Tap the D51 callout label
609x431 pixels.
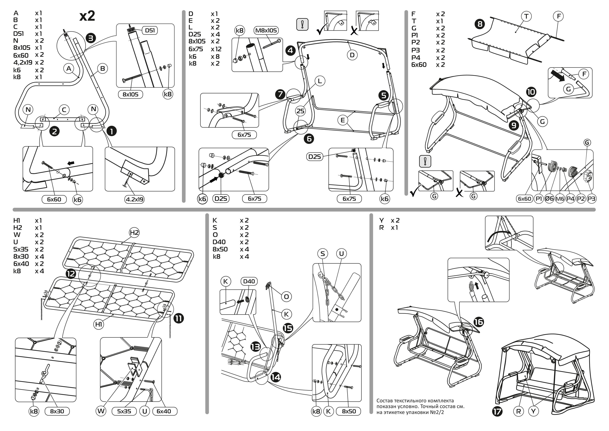tap(150, 31)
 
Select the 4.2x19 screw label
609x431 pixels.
tap(135, 199)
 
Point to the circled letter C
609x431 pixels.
tap(64, 110)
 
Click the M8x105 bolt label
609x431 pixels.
tap(266, 31)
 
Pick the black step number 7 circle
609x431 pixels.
tap(280, 94)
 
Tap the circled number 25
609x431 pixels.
tap(300, 111)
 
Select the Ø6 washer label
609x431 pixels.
tap(549, 199)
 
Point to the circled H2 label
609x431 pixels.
tap(134, 233)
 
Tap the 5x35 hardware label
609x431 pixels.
tap(124, 411)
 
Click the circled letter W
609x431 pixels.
tap(101, 411)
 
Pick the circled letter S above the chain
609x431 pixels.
tap(323, 254)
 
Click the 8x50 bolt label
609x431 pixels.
tap(349, 411)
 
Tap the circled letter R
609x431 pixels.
tap(519, 411)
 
